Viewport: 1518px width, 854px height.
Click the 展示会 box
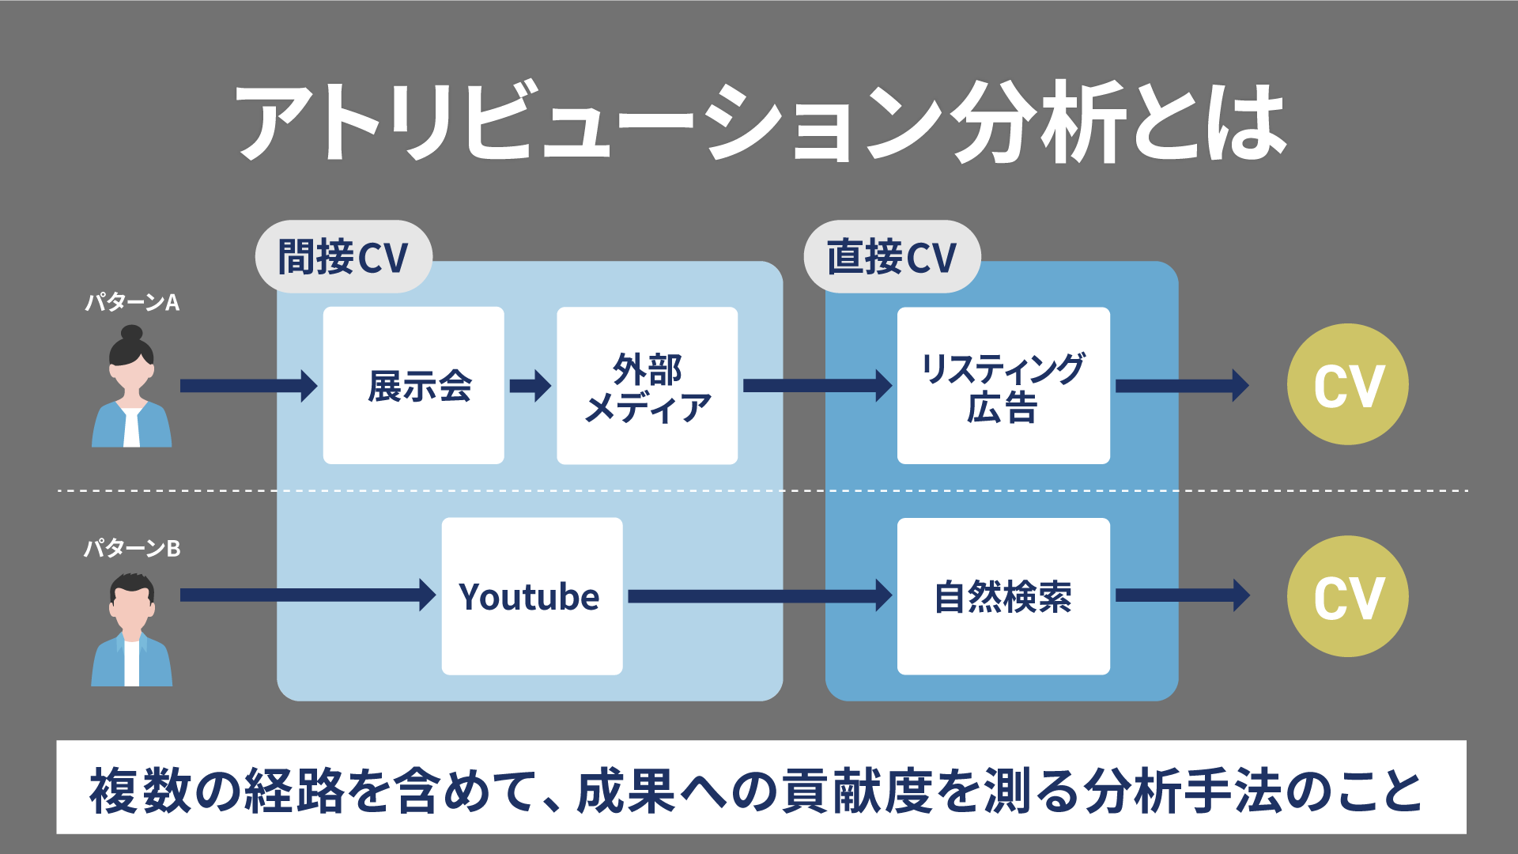point(413,385)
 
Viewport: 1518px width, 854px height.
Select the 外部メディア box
point(647,385)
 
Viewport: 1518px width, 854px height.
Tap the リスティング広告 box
point(1003,385)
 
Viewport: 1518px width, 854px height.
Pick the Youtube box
point(532,596)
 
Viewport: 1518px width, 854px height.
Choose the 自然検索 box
point(1003,596)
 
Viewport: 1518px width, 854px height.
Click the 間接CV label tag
point(343,257)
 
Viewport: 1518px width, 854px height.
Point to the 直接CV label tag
point(892,257)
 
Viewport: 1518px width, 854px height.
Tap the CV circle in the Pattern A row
point(1347,385)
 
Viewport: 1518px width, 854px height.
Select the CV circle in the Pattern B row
point(1347,596)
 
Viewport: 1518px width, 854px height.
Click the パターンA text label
point(132,302)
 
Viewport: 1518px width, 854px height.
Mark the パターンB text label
point(132,548)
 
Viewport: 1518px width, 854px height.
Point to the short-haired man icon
point(131,630)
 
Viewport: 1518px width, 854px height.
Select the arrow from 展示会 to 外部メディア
point(530,386)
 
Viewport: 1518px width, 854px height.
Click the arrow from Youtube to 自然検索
point(759,595)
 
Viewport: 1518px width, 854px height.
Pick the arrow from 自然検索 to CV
point(1181,595)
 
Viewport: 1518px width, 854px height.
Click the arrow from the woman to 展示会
point(248,386)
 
